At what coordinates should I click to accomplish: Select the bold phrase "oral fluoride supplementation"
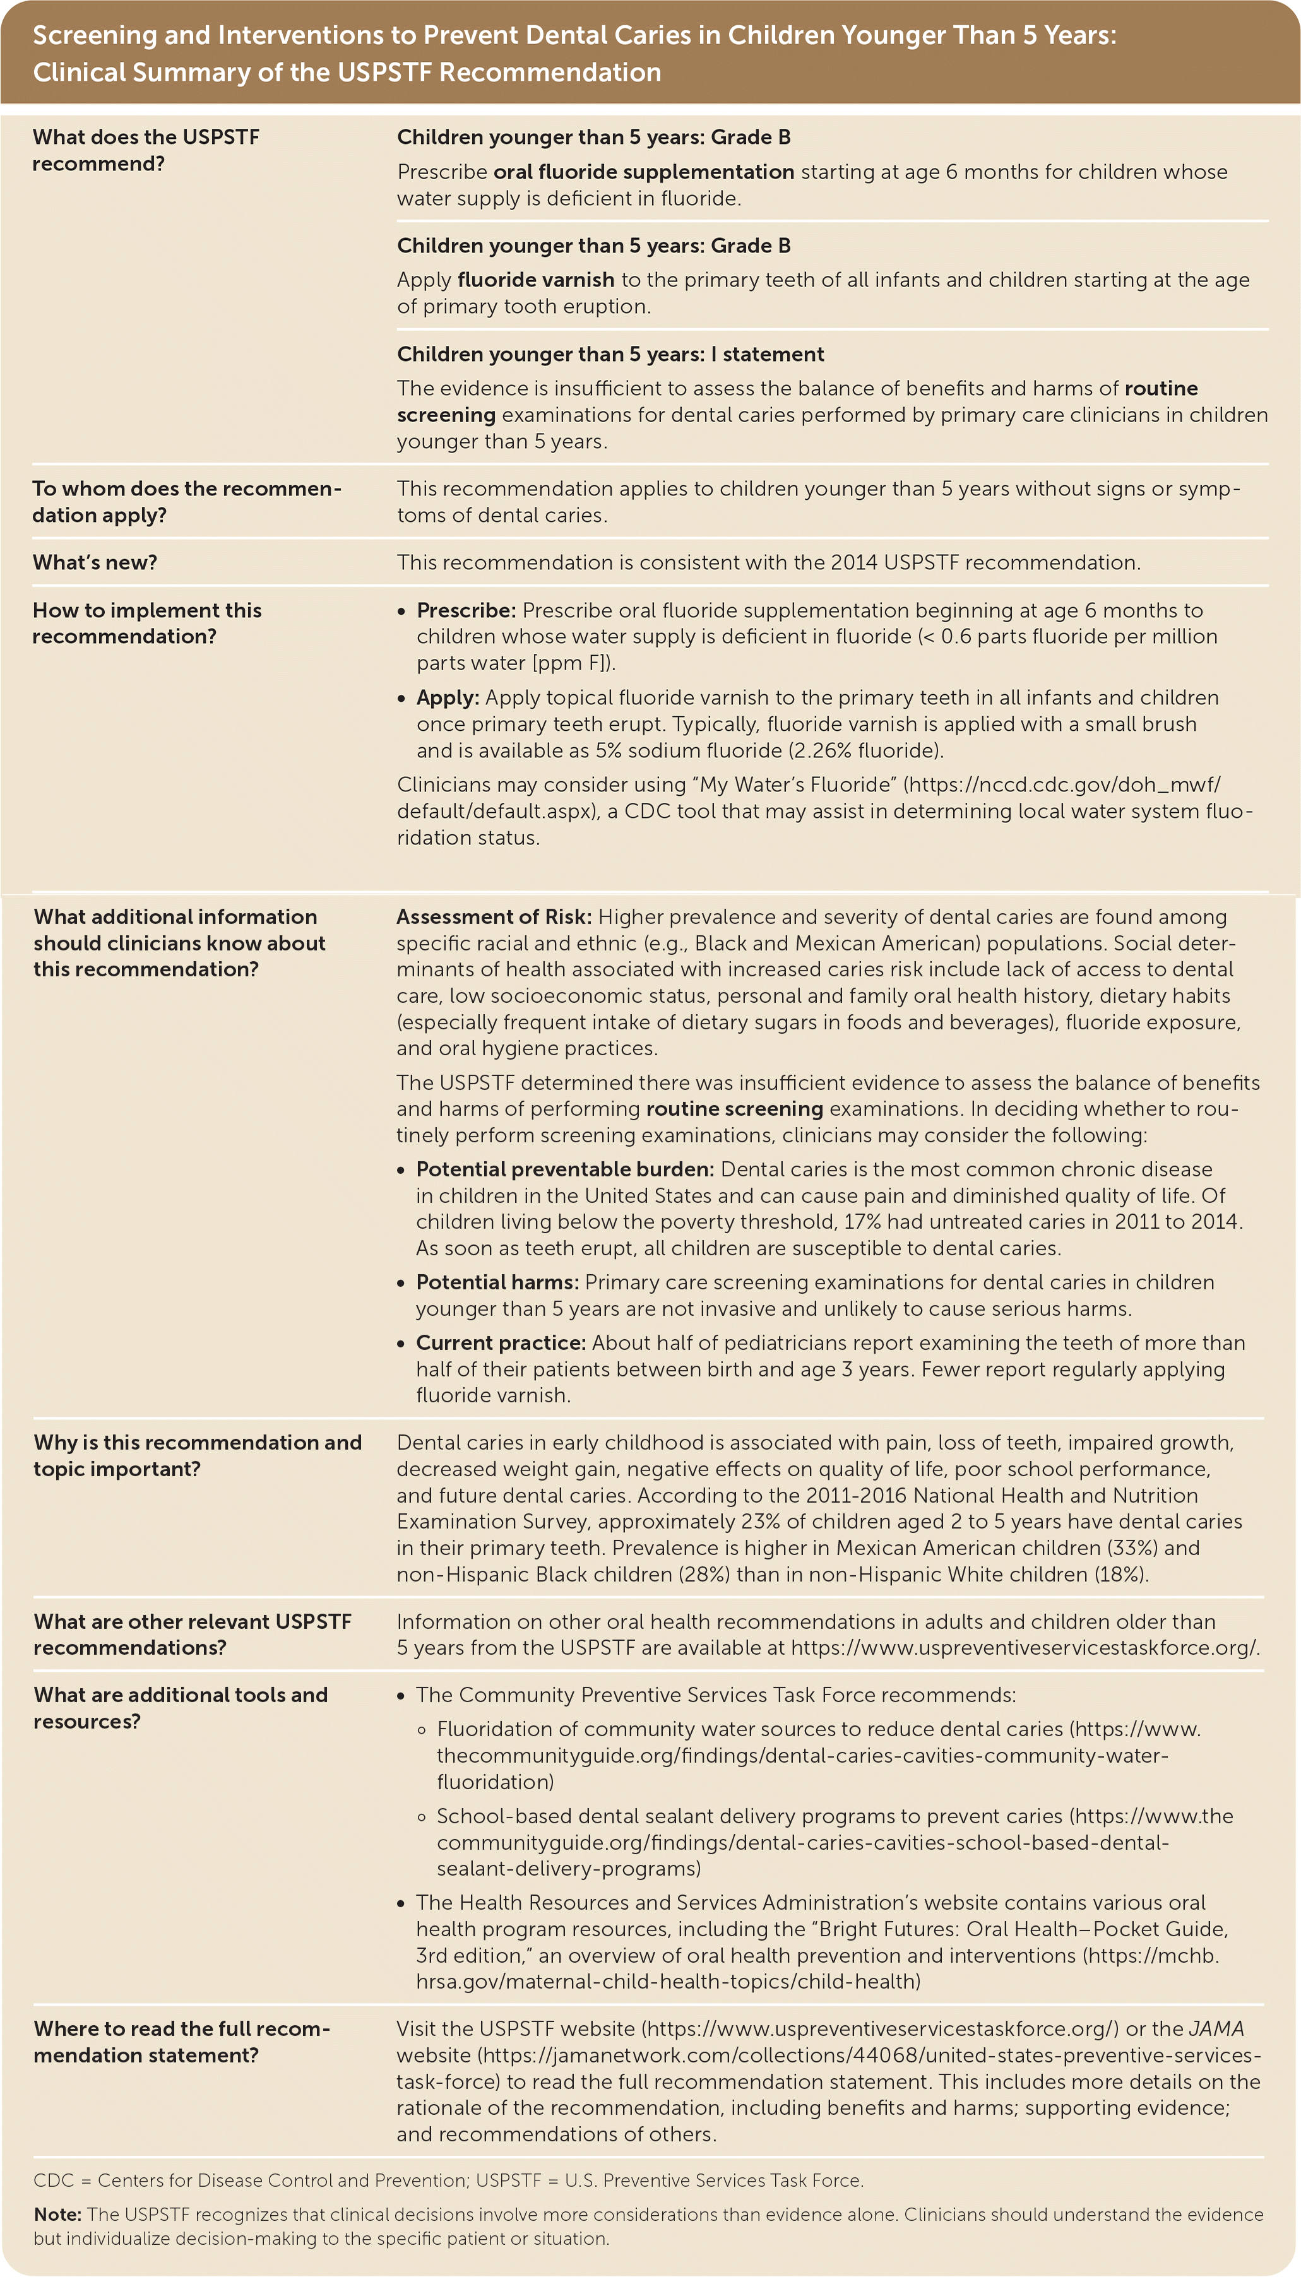point(643,172)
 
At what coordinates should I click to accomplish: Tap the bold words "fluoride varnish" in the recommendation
point(535,280)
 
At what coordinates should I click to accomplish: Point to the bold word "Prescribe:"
point(465,610)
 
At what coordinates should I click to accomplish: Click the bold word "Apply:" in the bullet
point(448,697)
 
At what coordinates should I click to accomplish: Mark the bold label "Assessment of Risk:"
point(493,916)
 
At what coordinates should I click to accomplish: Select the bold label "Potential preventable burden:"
point(565,1169)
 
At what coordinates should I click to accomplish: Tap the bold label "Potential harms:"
point(497,1282)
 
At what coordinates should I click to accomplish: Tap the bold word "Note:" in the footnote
point(57,2215)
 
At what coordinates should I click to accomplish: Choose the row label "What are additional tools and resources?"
point(181,1708)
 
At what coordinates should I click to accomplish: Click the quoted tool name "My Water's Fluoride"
point(796,784)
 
